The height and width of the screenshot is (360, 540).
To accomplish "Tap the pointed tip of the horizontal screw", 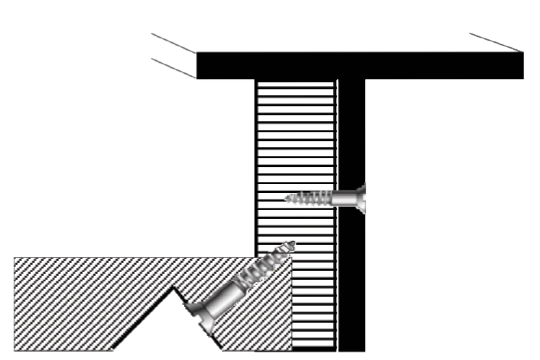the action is (x=287, y=198).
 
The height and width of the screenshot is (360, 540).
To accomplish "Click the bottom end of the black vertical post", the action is (x=351, y=347).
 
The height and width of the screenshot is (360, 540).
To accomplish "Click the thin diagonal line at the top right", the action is (x=494, y=42).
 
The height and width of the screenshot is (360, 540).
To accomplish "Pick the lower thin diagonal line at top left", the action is (x=172, y=68).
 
